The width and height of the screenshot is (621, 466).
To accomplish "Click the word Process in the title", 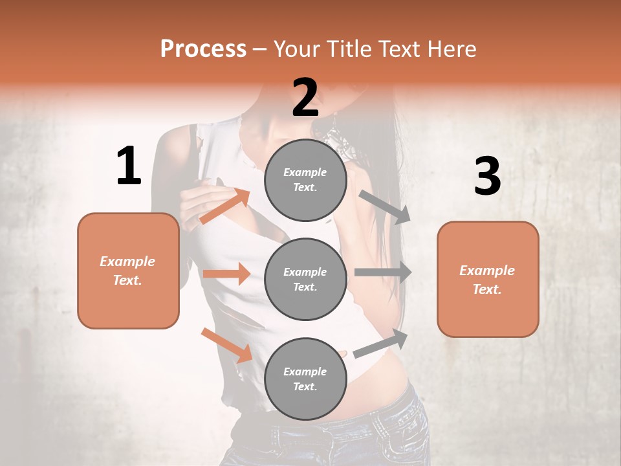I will click(203, 49).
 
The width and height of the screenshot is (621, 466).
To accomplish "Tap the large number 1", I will click(129, 166).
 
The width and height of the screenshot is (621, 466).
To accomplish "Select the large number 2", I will click(305, 98).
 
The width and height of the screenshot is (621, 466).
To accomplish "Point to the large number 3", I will click(487, 176).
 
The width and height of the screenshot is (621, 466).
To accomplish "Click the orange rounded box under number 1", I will click(128, 271).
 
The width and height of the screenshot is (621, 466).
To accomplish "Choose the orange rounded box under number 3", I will click(488, 279).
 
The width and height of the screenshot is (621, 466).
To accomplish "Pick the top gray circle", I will click(305, 180).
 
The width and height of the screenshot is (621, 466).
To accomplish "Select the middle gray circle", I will click(305, 279).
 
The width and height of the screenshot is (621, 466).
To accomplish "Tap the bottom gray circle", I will click(305, 379).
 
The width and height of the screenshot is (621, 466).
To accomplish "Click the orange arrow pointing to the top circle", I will click(225, 206).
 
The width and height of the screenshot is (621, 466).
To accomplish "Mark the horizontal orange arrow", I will click(226, 274).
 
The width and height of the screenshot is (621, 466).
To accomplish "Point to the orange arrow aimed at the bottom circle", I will click(226, 344).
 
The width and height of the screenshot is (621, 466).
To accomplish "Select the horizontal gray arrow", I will click(382, 272).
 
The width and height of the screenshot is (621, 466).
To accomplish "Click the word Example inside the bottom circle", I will click(305, 372).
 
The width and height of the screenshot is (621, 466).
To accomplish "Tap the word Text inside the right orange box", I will click(486, 289).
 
